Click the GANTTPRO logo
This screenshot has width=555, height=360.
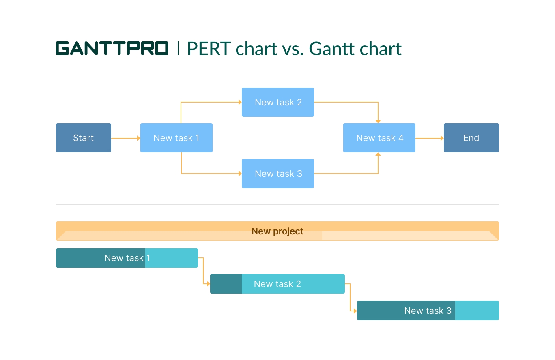pos(112,48)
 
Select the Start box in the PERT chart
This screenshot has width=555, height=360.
pos(83,138)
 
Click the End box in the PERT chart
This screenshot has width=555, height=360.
pos(471,138)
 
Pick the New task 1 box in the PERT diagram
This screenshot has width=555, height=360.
pos(176,138)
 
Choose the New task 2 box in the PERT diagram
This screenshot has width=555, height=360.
pos(278,102)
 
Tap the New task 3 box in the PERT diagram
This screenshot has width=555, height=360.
pos(278,174)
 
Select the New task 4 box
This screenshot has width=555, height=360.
pos(379,138)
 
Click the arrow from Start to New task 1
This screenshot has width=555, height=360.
pos(125,138)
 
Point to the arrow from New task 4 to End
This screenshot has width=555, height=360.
pos(429,138)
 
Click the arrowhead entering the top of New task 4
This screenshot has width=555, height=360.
pos(378,121)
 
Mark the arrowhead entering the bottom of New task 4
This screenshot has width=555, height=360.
pos(378,154)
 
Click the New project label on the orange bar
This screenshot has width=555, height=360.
pos(277,231)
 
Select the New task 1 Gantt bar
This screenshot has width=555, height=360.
pos(127,258)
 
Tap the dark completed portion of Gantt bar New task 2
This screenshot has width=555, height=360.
pos(226,284)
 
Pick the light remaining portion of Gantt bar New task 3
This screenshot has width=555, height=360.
pos(477,311)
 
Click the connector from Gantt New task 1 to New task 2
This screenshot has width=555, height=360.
pos(203,271)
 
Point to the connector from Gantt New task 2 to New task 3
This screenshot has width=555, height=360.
pos(350,297)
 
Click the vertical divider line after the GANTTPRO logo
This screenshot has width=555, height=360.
pos(178,48)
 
